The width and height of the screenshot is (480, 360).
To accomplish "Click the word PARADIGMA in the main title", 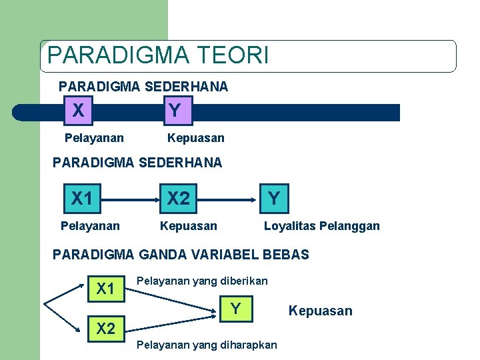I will click(115, 55).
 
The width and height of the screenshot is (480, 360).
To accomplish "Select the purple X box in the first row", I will click(79, 111).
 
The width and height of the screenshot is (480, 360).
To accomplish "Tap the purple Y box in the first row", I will click(175, 111).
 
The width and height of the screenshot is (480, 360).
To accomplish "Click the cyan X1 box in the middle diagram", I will click(83, 199).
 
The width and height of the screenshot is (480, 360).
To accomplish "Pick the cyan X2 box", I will click(179, 199).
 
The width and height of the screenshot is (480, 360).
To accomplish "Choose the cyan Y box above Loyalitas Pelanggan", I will click(273, 198).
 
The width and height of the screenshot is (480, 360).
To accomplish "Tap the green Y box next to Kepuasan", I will click(235, 309).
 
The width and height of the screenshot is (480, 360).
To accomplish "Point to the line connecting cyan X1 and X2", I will click(130, 199).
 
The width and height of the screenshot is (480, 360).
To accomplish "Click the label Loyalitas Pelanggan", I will click(322, 226).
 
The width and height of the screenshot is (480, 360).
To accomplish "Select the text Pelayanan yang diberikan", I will click(202, 281).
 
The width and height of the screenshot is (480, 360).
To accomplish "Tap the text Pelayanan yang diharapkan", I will click(206, 345).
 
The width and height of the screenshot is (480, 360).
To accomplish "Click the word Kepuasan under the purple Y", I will click(196, 138).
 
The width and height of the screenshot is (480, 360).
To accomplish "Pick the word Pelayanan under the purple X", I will click(94, 138).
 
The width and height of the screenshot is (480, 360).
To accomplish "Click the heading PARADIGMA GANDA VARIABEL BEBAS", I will click(181, 255).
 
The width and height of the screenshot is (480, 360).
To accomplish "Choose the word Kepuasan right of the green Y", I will click(320, 311).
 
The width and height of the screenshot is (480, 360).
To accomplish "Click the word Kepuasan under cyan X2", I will click(189, 226).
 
